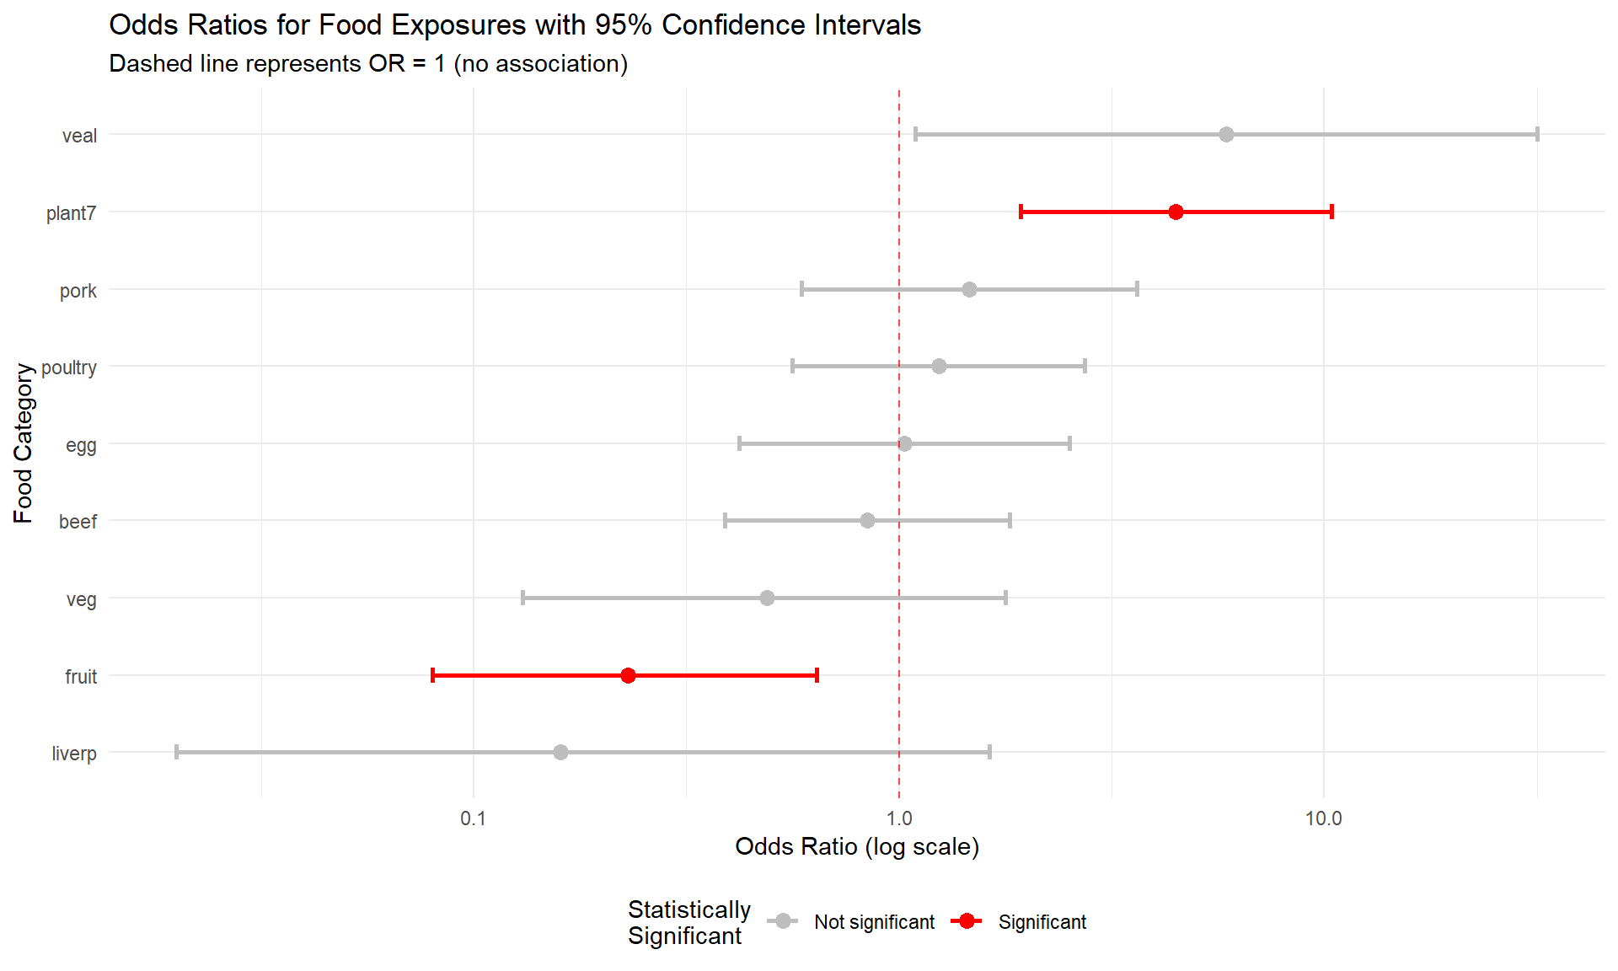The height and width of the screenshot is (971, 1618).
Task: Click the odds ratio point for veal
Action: tap(1226, 135)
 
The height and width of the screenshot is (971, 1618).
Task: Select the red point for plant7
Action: tap(1176, 212)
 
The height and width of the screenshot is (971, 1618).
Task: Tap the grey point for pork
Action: tap(969, 290)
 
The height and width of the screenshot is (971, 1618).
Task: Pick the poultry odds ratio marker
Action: tap(939, 366)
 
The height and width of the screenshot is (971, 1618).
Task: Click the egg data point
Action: tap(904, 443)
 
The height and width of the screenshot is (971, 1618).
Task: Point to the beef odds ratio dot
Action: tap(867, 520)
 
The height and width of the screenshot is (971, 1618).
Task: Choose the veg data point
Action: tap(767, 598)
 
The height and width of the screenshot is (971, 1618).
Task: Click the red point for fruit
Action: tap(628, 675)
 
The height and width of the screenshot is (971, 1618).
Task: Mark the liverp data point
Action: tap(560, 752)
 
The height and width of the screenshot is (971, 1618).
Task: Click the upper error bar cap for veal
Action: tap(1537, 135)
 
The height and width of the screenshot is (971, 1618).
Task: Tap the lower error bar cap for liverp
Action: tap(176, 752)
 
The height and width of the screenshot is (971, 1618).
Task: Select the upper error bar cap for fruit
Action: tap(817, 675)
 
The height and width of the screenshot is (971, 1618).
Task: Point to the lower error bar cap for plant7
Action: tap(1021, 212)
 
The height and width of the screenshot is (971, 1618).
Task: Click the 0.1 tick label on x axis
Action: tap(474, 818)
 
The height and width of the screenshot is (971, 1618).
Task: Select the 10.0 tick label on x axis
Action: tap(1323, 818)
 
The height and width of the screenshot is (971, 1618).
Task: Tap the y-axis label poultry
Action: tap(69, 367)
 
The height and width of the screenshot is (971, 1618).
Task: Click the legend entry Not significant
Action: tap(873, 922)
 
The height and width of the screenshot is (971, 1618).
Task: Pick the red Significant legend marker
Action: tap(967, 921)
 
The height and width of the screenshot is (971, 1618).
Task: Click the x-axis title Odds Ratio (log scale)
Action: tap(856, 846)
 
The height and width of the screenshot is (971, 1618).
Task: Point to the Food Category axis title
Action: tap(24, 443)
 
